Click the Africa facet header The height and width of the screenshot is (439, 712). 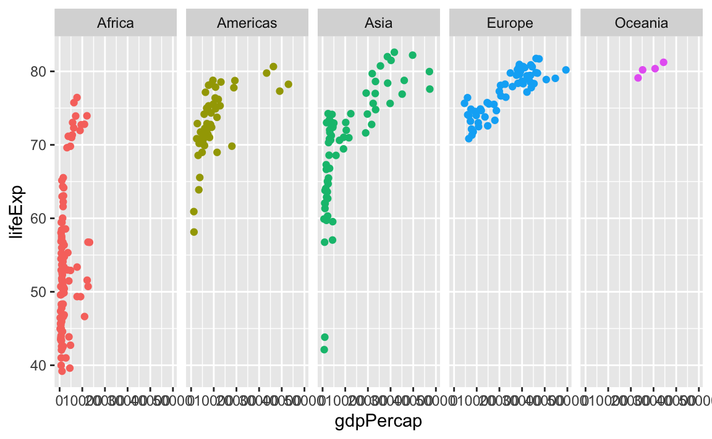click(116, 23)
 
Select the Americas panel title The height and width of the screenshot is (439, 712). click(247, 23)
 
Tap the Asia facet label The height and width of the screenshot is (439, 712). click(378, 23)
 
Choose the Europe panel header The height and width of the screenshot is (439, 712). click(510, 23)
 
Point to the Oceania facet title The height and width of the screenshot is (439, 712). click(642, 23)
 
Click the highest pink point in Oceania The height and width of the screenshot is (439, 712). click(664, 62)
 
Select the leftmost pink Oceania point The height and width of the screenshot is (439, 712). click(638, 78)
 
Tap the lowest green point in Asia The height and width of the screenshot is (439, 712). click(324, 349)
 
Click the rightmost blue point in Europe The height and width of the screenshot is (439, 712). click(566, 70)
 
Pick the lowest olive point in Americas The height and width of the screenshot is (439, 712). click(194, 232)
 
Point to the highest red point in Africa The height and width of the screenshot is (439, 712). click(77, 98)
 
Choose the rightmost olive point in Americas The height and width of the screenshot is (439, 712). click(288, 84)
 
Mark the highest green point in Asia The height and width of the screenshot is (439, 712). click(394, 52)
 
